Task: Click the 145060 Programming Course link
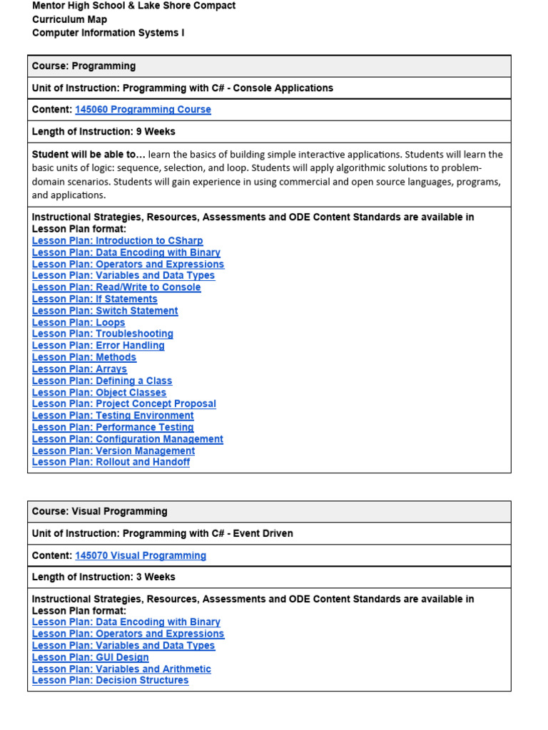143,110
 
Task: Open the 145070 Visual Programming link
141,555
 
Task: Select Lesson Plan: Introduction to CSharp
117,241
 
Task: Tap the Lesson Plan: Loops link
78,322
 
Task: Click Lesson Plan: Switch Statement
105,311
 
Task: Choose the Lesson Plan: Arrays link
79,369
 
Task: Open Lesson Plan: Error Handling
98,346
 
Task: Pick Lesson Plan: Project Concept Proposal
123,403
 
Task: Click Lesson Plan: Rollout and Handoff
111,462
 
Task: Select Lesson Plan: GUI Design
91,657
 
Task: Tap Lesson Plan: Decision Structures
110,680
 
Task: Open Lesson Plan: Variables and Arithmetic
121,669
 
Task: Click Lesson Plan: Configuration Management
127,439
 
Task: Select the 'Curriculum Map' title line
69,19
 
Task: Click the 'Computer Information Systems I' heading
108,33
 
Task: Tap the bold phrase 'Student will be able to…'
88,155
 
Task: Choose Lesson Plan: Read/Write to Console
116,287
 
